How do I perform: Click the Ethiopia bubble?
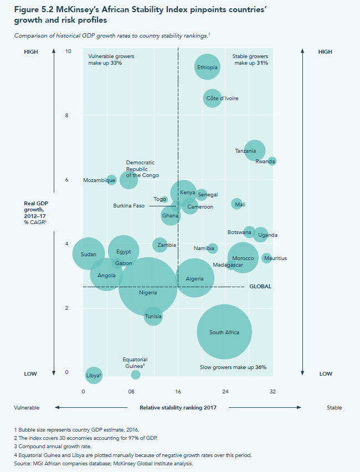208,68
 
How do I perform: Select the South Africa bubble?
224,332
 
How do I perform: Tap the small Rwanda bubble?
271,161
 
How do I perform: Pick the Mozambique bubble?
111,180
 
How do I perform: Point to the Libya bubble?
94,376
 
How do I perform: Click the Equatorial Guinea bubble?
136,375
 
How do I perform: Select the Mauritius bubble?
266,258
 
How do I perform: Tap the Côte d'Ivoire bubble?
212,98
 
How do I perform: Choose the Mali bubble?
237,204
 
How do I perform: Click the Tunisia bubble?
153,317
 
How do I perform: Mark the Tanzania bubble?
254,151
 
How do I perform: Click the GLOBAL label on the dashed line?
260,287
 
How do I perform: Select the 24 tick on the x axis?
225,392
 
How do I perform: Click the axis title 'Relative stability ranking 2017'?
177,408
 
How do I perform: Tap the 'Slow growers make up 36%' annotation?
233,367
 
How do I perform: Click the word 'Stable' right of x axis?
334,408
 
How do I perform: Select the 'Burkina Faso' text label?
128,206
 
